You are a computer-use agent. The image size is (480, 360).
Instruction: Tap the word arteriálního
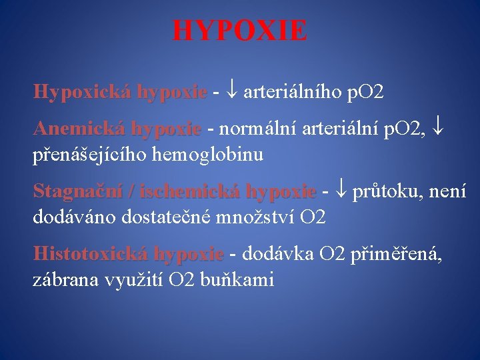(293, 91)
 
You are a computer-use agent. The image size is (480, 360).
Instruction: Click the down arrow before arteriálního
(231, 92)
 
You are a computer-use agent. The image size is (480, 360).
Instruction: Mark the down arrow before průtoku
(341, 191)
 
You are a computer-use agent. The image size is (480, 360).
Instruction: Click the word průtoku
(386, 192)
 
